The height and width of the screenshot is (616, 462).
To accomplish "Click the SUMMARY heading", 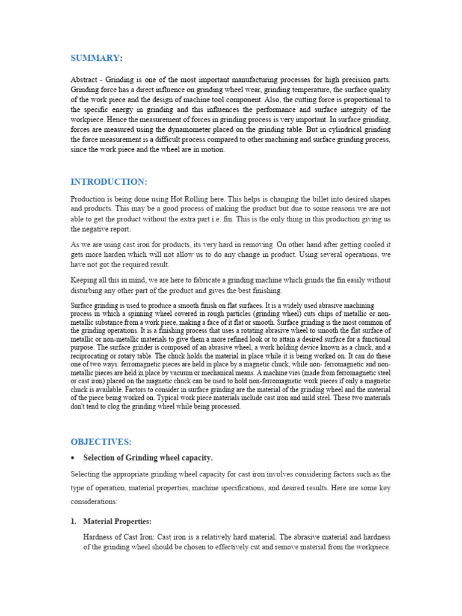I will point(95,58).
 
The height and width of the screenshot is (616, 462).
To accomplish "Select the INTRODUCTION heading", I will point(108,182).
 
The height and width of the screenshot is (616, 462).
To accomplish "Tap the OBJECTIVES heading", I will point(101,442).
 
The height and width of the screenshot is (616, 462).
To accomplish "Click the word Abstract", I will point(84,80).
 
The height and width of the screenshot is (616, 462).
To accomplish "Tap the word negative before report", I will point(97,229).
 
